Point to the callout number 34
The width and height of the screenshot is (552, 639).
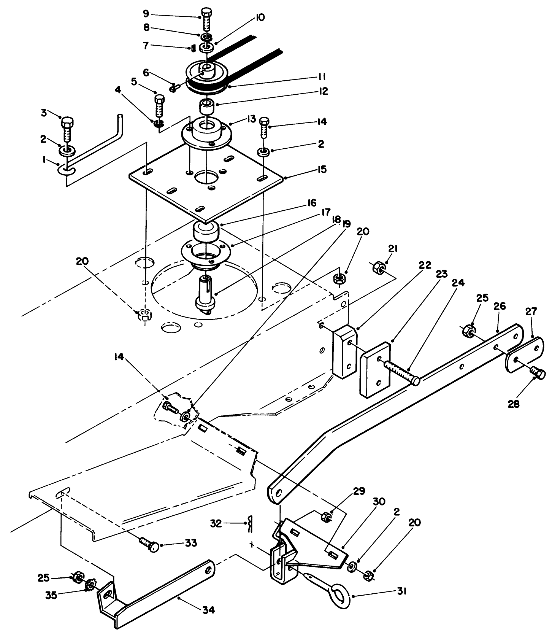tap(209, 610)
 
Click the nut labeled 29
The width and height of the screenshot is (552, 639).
tap(326, 517)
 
